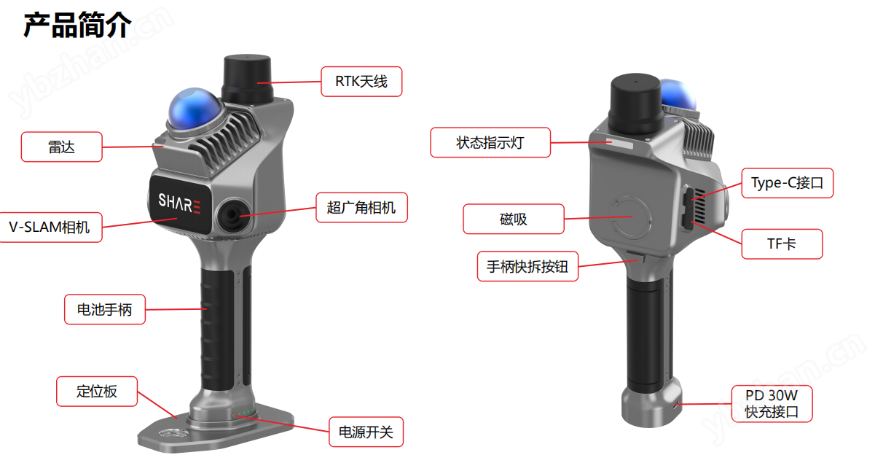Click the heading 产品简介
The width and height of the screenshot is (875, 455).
[x=77, y=25]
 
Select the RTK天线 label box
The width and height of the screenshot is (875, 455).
[x=361, y=82]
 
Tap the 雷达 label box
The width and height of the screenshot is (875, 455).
[x=62, y=147]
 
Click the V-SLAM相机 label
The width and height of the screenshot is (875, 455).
[x=50, y=227]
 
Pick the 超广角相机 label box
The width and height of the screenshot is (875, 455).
[x=361, y=208]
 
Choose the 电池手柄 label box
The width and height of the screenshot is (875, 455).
[x=105, y=309]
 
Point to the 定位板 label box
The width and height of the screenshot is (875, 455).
[x=97, y=392]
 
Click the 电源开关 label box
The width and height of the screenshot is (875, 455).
[x=366, y=432]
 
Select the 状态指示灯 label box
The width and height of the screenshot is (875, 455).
[x=490, y=143]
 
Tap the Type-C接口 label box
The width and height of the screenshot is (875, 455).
[x=787, y=183]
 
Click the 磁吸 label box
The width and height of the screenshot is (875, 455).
[x=514, y=219]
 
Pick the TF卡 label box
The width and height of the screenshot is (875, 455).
[x=782, y=244]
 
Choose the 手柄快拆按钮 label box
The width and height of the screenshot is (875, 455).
[x=527, y=266]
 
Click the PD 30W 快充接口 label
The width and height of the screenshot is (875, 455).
[x=772, y=404]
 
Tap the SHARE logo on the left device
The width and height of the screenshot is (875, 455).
[x=179, y=203]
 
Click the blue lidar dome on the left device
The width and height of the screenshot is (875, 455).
[x=194, y=110]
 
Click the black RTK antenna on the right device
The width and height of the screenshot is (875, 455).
[x=635, y=104]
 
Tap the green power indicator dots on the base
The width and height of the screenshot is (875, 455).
[x=246, y=413]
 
